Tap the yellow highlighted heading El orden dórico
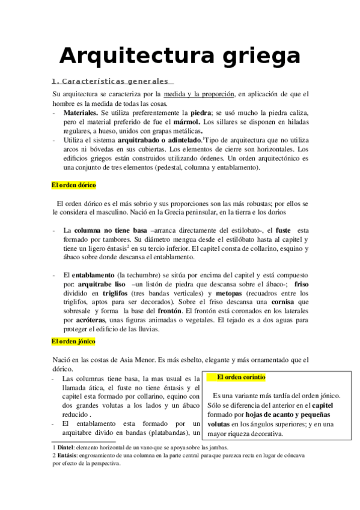[x=74, y=185]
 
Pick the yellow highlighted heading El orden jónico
[x=74, y=341]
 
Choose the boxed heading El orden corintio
[x=240, y=377]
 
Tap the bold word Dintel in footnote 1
[x=66, y=447]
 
